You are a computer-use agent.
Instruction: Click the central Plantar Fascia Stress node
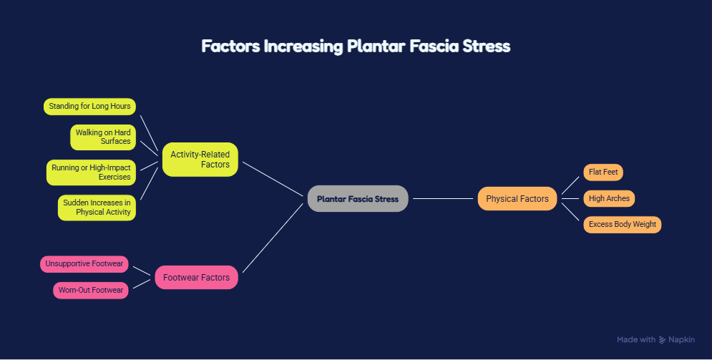coord(358,198)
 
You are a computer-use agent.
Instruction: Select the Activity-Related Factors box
coord(200,160)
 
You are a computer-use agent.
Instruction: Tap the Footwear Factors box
coord(196,278)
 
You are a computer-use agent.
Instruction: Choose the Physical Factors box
coord(517,198)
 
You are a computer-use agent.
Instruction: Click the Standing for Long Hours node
coord(89,106)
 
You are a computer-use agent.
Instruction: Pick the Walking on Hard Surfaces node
coord(103,137)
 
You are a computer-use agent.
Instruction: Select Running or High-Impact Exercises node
coord(91,172)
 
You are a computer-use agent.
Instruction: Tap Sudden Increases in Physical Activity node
coord(97,208)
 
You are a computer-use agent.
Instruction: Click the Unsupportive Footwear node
coord(84,264)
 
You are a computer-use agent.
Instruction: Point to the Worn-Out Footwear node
coord(91,290)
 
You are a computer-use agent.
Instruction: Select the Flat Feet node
coord(603,172)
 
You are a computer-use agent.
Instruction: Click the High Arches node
coord(609,198)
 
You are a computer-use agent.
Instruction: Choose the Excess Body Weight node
coord(622,224)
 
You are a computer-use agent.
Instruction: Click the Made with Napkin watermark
coord(655,339)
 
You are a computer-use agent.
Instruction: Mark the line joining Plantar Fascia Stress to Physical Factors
coord(443,198)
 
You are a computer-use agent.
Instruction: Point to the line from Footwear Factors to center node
coord(273,238)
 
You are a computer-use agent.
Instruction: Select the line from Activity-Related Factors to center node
coord(273,179)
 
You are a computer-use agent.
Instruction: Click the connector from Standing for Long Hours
coord(149,132)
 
